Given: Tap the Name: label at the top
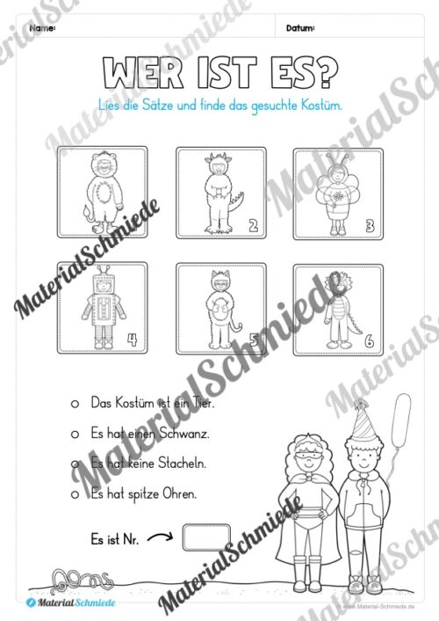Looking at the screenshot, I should (42, 28).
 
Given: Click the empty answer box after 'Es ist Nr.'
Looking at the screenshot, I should (208, 537).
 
